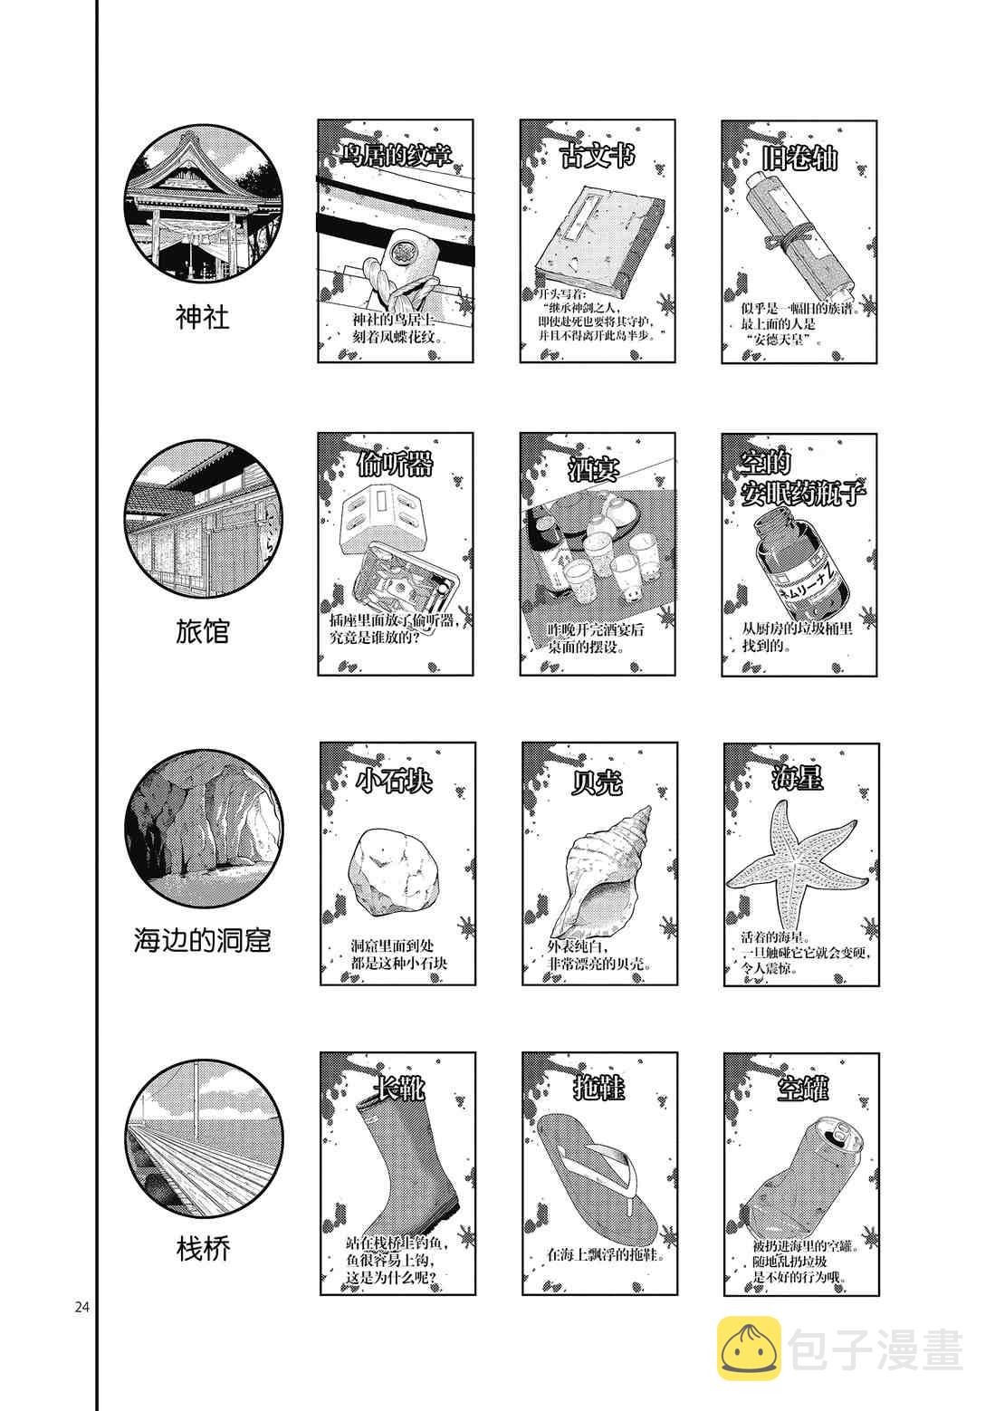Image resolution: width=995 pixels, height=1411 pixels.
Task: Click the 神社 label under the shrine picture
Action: tap(202, 317)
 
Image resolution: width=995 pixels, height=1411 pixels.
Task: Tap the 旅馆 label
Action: tap(202, 631)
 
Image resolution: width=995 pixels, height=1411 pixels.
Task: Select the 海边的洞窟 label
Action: tap(202, 941)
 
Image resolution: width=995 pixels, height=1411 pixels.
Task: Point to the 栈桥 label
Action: tap(203, 1251)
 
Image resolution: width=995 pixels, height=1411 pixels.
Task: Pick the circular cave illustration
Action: tap(203, 830)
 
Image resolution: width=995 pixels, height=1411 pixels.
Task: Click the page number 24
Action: tap(82, 1306)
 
